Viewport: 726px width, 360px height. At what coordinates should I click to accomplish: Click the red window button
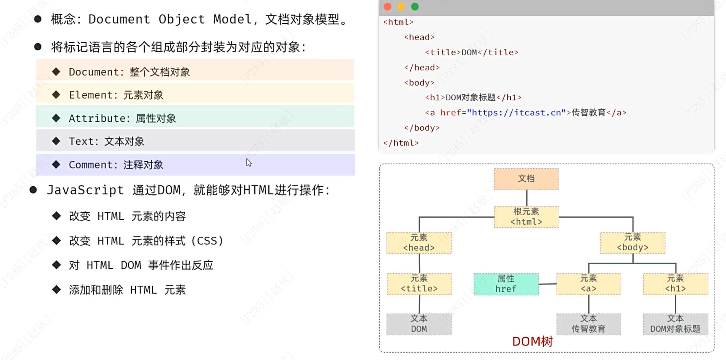[388, 7]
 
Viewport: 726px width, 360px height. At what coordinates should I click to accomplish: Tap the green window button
[415, 7]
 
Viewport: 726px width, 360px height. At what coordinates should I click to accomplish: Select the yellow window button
[401, 7]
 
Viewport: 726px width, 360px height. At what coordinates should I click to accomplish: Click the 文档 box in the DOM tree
[526, 179]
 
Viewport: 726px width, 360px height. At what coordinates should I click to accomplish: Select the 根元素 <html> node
[526, 217]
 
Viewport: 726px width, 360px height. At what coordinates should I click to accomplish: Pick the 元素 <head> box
[419, 242]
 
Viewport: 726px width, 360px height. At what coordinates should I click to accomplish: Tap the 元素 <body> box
[633, 242]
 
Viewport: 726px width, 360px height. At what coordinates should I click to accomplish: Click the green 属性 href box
[506, 284]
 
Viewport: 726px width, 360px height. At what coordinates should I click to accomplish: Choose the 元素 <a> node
[588, 284]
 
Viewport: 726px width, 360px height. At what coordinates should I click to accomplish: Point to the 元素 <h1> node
[675, 284]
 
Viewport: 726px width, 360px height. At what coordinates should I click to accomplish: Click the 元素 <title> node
[419, 284]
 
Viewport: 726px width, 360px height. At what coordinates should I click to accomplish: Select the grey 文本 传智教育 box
[588, 324]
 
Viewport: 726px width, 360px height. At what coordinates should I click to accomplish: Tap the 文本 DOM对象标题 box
[675, 324]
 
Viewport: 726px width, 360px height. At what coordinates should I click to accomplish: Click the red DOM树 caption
[533, 341]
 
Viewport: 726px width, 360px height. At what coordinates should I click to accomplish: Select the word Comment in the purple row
[91, 165]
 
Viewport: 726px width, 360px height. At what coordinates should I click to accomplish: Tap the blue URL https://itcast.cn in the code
[516, 113]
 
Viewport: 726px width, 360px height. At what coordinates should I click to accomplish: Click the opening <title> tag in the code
[443, 52]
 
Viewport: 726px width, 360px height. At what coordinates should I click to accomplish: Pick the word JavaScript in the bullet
[85, 190]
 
